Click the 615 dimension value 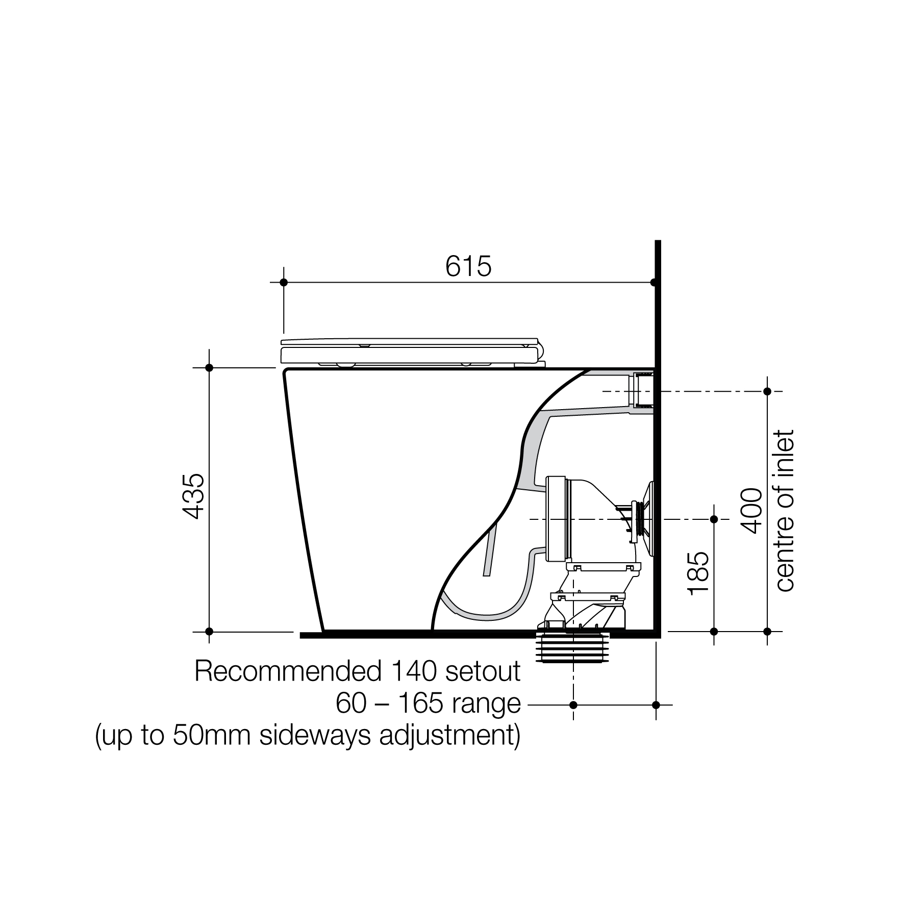[x=468, y=266]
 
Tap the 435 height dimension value [x=194, y=497]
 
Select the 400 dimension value [x=751, y=511]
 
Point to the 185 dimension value [x=698, y=573]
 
